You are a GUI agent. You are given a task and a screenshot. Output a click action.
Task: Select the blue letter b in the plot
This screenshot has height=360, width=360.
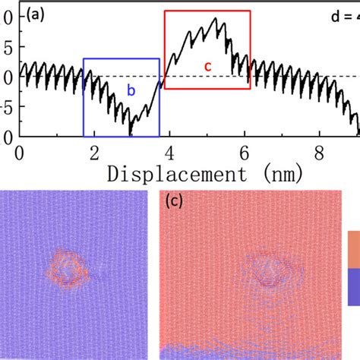click(x=131, y=91)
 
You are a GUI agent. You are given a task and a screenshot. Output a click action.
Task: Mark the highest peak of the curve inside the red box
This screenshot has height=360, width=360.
click(x=218, y=19)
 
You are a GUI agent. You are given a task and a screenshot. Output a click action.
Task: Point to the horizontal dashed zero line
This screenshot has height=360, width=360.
click(x=304, y=76)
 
